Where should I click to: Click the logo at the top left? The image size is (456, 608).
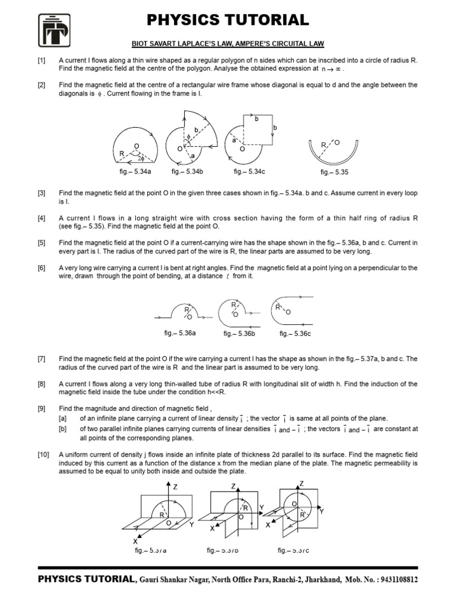tap(54, 30)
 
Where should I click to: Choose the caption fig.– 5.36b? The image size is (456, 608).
tap(239, 334)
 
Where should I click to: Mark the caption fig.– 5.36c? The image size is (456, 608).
tap(295, 334)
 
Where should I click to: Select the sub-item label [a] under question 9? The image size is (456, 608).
tap(62, 419)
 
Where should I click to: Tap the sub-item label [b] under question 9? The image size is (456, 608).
tap(62, 428)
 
